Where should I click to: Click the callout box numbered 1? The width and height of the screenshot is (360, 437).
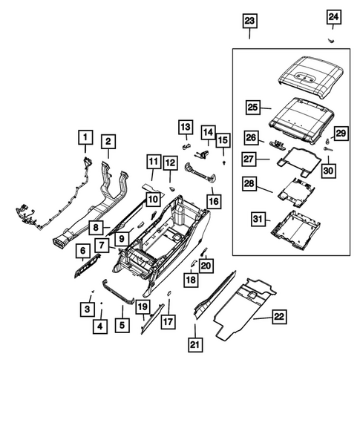point(85,137)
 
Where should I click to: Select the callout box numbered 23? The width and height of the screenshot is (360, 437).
point(249,21)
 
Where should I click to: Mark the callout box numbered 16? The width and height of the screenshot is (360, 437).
point(215,200)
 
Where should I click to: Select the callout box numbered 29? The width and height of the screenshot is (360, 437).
point(340,133)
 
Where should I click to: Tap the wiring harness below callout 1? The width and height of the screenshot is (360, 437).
point(45,211)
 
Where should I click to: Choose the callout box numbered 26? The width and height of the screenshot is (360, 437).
point(251,138)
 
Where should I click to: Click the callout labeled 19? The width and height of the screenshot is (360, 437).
point(142,306)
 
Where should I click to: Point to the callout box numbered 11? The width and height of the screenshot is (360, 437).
point(153,162)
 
